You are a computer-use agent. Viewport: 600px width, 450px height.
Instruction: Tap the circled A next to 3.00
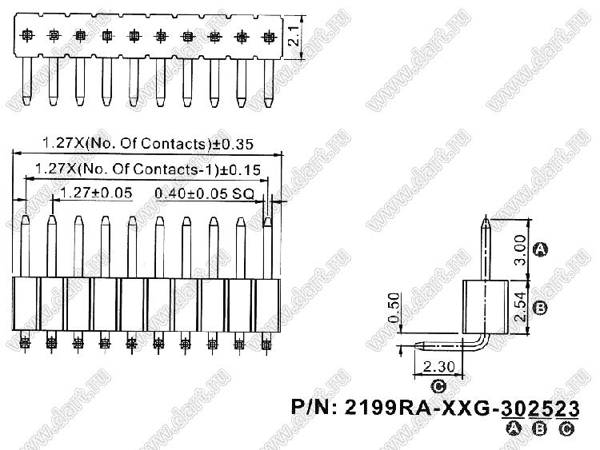(x=540, y=250)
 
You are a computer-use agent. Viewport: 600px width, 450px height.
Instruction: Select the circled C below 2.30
(x=438, y=387)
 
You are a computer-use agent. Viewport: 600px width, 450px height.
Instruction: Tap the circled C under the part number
(x=566, y=429)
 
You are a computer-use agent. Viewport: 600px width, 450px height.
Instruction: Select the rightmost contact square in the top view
(x=268, y=36)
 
